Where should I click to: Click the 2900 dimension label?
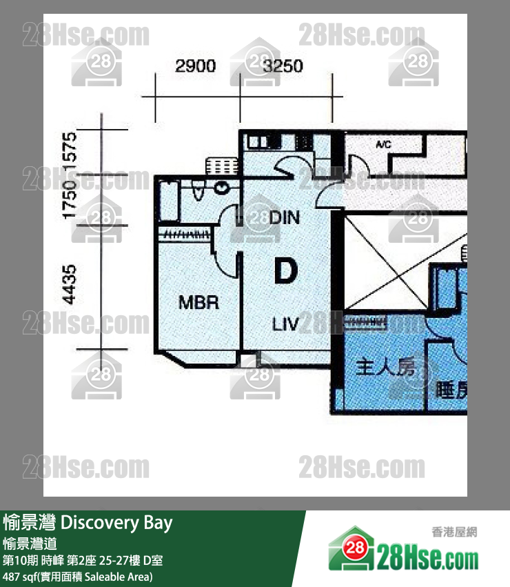pos(196,66)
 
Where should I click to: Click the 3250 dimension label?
pos(283,66)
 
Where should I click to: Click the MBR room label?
pos(198,302)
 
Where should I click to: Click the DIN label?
pos(285,218)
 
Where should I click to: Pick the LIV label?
pos(285,324)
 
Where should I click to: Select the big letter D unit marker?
pos(285,271)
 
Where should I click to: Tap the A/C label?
pos(384,146)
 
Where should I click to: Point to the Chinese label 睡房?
pos(451,391)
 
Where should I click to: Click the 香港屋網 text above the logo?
pos(454,532)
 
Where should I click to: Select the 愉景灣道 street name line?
pos(32,544)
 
